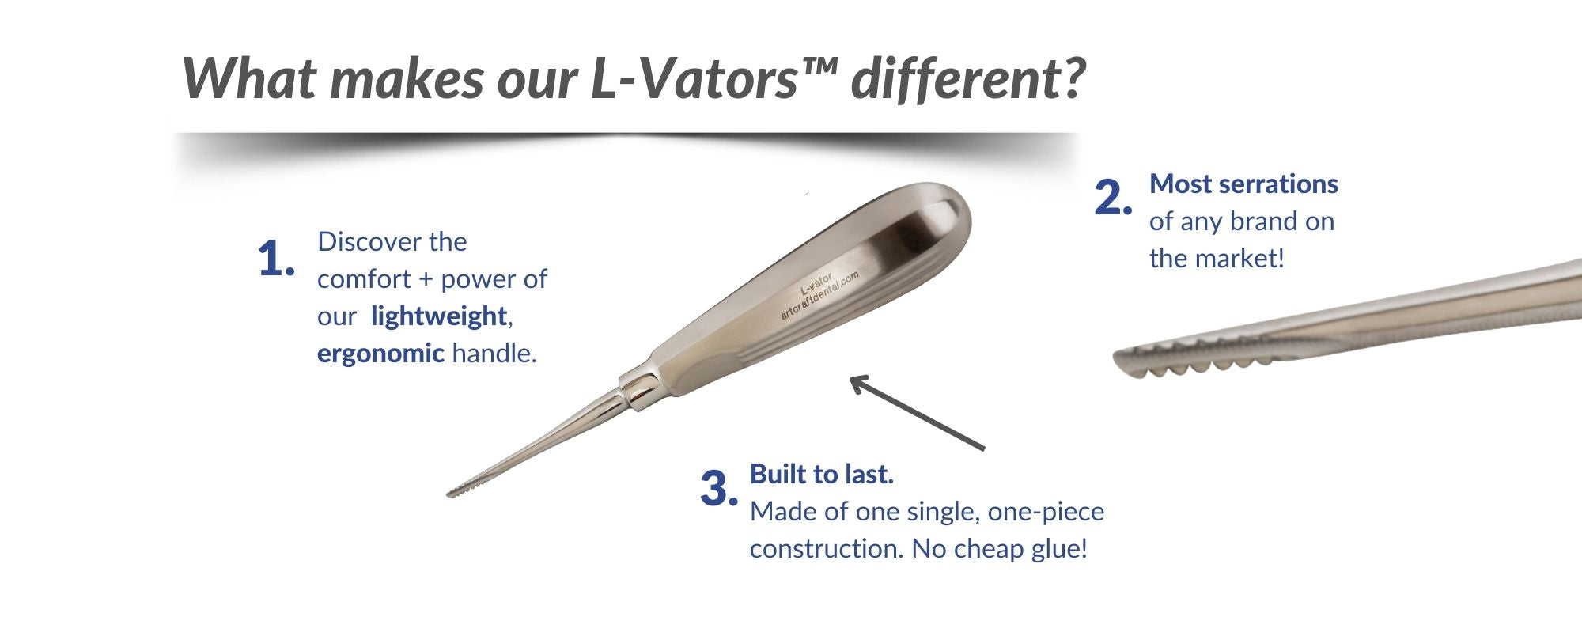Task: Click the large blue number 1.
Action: tap(276, 259)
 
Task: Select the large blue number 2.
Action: tap(1114, 197)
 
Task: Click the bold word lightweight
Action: tap(439, 316)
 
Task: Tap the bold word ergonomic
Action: tap(380, 354)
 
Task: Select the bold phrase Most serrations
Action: tap(1243, 184)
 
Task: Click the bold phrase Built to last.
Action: tap(822, 474)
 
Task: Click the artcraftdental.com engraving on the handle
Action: tap(819, 296)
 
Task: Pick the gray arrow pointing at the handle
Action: tap(918, 413)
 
